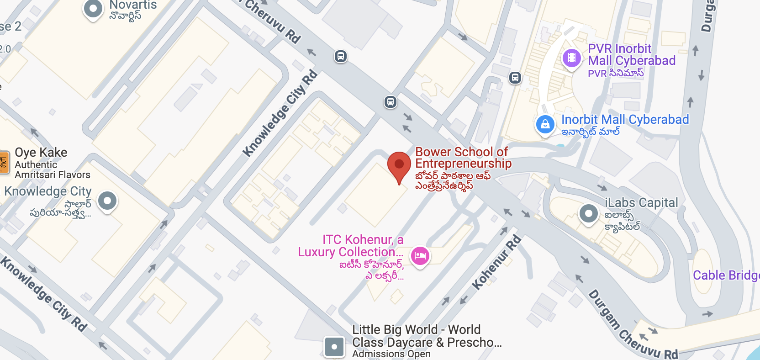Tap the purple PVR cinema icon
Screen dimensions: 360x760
pos(571,58)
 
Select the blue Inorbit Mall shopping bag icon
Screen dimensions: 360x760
pos(545,124)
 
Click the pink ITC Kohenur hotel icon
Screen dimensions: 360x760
pos(420,256)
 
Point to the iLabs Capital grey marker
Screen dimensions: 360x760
pos(589,213)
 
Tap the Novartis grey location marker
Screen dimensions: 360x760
pos(93,9)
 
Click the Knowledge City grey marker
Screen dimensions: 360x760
pos(108,201)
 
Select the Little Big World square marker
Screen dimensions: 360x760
pos(334,347)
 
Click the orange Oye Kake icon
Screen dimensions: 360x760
pos(4,162)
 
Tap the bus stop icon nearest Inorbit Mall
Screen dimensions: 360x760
pos(515,78)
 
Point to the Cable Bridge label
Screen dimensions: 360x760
pos(726,275)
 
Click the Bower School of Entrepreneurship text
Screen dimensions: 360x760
pos(463,158)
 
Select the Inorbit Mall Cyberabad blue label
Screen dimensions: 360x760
pos(625,120)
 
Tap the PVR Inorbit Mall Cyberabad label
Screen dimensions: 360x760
pos(631,55)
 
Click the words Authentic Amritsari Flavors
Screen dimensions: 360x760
pos(52,170)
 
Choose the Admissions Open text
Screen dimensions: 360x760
pos(391,354)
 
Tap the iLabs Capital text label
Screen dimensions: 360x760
pos(641,203)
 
